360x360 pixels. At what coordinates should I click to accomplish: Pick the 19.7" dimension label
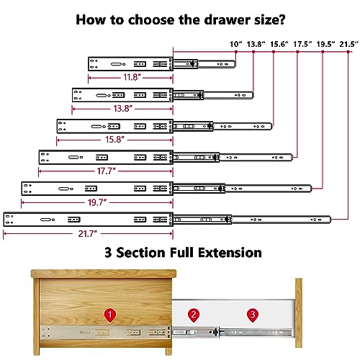coord(97,202)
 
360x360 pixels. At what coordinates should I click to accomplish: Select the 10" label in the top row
coord(235,45)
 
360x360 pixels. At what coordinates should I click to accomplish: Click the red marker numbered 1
coord(109,315)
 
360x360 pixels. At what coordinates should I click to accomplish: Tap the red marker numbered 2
coord(193,315)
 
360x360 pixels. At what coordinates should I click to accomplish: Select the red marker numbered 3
coord(251,315)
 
